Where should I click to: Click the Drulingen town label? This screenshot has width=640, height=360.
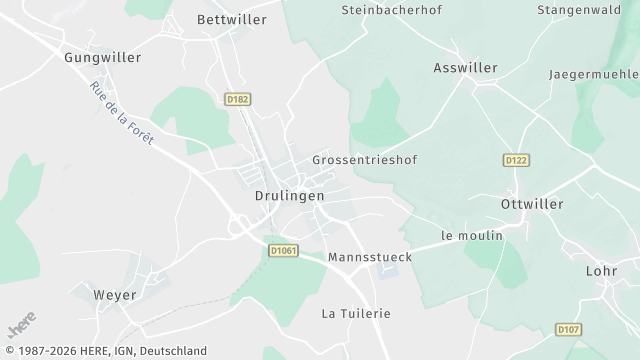coord(289,196)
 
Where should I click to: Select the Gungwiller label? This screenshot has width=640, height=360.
coord(103,58)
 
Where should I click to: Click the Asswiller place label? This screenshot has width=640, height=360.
coord(465,68)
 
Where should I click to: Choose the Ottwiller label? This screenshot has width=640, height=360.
coord(531,204)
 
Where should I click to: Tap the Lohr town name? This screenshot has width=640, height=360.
coord(603,271)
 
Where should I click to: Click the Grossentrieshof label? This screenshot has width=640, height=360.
coord(364,160)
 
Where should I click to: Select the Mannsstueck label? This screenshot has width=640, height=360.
coord(370,257)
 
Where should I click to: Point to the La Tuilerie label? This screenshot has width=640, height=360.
coord(356,313)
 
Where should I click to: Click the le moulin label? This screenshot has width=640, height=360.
coord(471,236)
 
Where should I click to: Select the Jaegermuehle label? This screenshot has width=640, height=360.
coord(593,74)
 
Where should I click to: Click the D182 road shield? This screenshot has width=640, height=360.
coord(237,99)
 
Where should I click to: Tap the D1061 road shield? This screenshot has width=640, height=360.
coord(284,251)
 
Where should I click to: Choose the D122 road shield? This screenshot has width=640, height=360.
coord(516,160)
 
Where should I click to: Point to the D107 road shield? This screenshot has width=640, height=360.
coord(568,329)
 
